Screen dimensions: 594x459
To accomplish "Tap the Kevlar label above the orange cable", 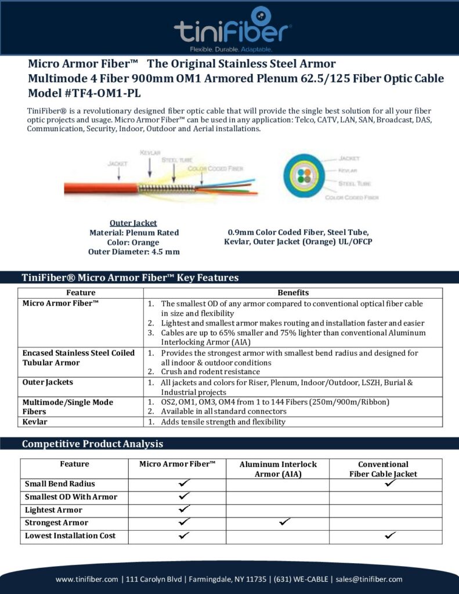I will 150,153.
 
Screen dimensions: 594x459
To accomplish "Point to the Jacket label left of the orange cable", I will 118,164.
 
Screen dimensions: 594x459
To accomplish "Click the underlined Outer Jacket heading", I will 133,223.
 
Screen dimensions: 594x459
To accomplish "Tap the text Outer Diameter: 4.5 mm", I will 133,252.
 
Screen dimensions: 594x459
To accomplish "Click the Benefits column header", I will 293,292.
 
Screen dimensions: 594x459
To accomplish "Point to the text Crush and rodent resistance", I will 210,372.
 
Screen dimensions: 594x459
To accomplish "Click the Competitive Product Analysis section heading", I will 92,444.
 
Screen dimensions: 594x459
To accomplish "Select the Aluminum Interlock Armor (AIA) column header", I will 278,469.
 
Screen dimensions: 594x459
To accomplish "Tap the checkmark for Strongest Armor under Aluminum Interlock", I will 284,522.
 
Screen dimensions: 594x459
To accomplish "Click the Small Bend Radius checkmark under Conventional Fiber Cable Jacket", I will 389,483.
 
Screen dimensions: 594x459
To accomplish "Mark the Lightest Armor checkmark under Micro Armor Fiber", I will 185,509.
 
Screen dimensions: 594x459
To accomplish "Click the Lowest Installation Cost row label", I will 70,535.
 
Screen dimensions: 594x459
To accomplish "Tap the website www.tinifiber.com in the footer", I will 88,579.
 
